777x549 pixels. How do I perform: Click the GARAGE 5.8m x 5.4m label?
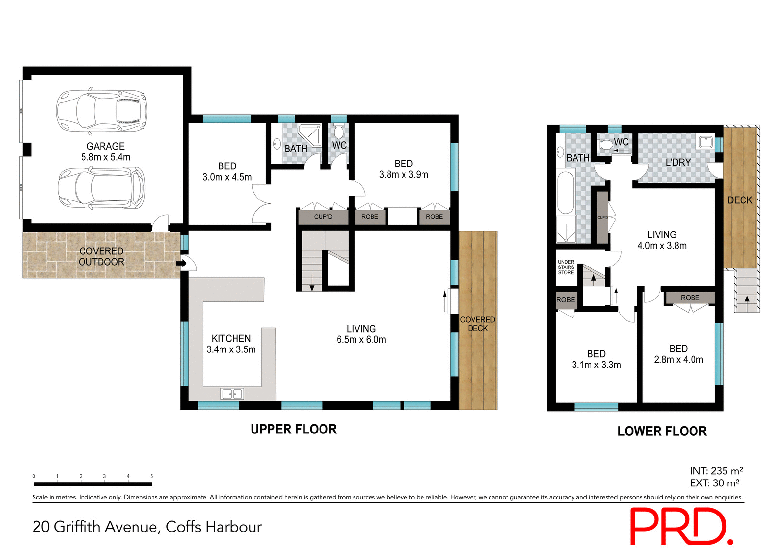105,151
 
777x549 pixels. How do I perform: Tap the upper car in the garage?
101,111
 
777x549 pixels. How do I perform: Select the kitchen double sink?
232,394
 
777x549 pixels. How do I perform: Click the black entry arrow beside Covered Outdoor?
181,264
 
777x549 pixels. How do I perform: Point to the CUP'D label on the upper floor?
323,217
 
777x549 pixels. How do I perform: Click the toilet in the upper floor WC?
338,132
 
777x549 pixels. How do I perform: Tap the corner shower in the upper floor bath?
310,134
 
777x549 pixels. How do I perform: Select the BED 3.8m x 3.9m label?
404,169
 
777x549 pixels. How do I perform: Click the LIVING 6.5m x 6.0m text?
361,334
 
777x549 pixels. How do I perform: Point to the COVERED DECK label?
477,324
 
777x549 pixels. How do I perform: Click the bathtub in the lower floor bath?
565,193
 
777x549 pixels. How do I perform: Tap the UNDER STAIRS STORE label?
566,267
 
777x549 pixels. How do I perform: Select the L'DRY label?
678,163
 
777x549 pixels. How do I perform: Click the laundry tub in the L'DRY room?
706,142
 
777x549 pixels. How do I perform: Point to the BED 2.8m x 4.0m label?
678,354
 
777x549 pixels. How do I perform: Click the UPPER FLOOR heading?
293,429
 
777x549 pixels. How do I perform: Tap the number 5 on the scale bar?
152,476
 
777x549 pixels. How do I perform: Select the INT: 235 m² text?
716,471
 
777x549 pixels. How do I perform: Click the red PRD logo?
680,526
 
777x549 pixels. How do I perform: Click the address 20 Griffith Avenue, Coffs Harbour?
147,527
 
